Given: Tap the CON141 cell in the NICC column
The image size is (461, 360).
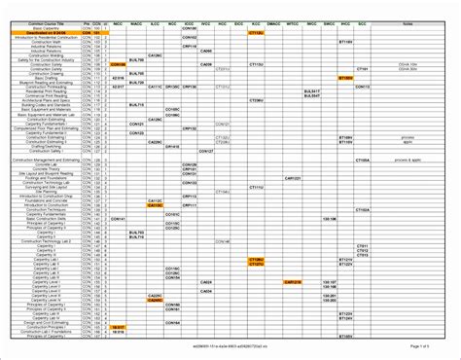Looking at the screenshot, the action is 119,219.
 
